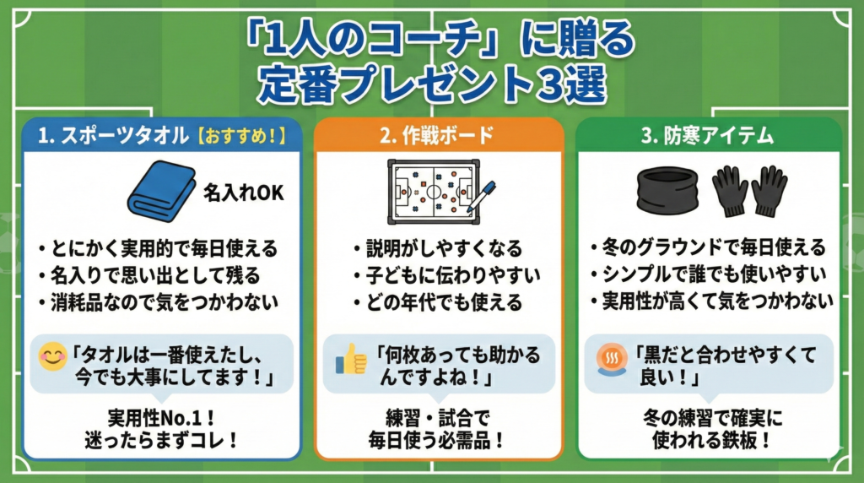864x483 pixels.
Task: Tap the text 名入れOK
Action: coord(243,193)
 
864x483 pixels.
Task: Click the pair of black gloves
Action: coord(750,192)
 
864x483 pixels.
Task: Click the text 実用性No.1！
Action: coord(161,417)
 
